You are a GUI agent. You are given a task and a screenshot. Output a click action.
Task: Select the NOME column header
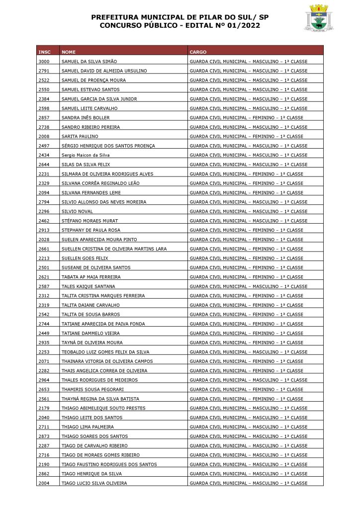pos(69,52)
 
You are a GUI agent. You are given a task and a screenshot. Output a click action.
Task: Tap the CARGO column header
pos(198,52)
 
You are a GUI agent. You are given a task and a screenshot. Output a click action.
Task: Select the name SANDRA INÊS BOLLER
pos(86,118)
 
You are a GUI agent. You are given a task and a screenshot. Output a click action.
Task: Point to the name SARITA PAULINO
pos(80,136)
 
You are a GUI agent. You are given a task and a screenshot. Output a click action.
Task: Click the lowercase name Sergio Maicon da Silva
pos(85,155)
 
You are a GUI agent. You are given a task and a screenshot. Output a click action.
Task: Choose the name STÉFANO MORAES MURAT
pos(89,221)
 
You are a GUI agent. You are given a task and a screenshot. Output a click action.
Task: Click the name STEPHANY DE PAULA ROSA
pos(91,230)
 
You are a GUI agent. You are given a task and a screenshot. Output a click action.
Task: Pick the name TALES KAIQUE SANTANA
pos(88,286)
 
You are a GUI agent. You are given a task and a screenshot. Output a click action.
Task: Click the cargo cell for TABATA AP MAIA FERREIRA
pos(246,277)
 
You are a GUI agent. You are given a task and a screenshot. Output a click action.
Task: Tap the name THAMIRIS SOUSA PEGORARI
pos(92,389)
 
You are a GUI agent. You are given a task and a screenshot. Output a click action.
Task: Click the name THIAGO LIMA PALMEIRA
pos(88,427)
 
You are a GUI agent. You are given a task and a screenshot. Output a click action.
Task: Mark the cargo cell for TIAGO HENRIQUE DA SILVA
pos(249,474)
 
